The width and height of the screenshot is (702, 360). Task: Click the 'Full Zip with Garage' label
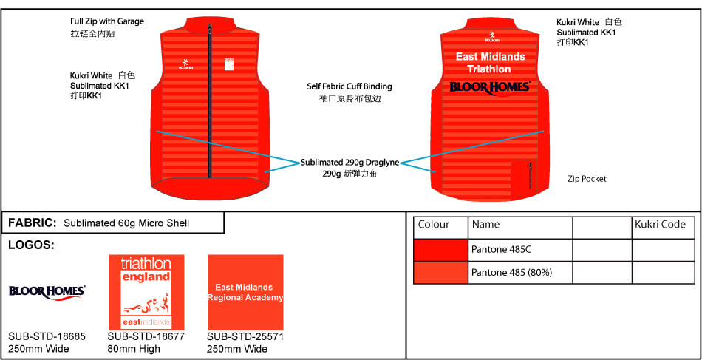coord(107,21)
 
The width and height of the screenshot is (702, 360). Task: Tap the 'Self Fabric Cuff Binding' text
coord(350,86)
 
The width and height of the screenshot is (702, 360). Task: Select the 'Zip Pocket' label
coord(587,179)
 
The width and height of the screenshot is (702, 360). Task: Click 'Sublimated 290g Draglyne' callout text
coord(350,162)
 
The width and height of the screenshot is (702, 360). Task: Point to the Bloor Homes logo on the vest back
coord(490,87)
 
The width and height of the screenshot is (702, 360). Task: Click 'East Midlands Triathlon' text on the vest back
coord(490,63)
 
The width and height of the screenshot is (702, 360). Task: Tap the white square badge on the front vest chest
coord(229,65)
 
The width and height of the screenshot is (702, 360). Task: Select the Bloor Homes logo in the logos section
coord(47,291)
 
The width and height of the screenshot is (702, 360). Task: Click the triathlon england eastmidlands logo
coord(146,292)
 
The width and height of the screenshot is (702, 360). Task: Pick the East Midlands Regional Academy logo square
coord(245,292)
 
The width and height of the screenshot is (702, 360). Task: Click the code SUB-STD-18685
coord(47,336)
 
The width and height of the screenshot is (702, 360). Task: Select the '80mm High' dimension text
coord(134,349)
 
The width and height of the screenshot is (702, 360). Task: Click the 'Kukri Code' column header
coord(661,225)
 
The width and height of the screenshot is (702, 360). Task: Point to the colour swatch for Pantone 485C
coord(440,250)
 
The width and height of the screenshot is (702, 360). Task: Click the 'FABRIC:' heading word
coord(32,223)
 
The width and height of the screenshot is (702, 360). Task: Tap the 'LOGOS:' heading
coord(30,245)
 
